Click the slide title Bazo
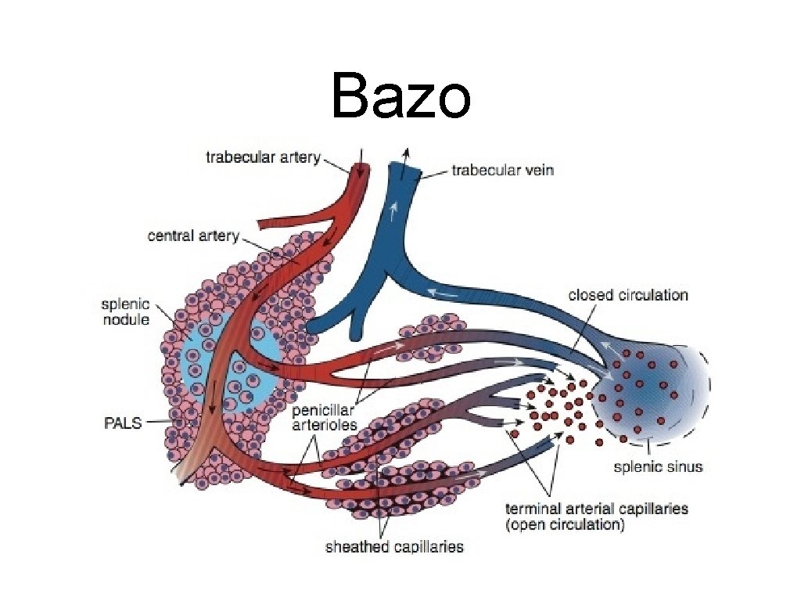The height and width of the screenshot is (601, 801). [x=400, y=96]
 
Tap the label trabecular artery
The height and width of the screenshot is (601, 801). [x=263, y=157]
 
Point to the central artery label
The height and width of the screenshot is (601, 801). [x=193, y=235]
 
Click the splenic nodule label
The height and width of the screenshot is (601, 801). [x=125, y=311]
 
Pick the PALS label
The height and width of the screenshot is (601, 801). [x=123, y=423]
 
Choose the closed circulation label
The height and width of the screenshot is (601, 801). [x=627, y=295]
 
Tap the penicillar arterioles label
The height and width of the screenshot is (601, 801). [x=325, y=418]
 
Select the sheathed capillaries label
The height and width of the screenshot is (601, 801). [x=394, y=546]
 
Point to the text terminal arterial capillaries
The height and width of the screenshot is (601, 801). [x=597, y=509]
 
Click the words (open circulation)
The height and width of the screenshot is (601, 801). [x=566, y=525]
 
